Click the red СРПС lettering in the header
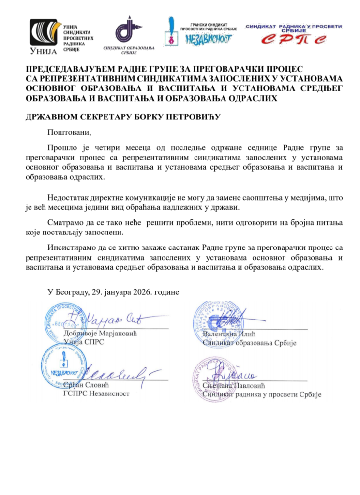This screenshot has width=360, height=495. (x=294, y=39)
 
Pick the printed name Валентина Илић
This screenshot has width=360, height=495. (x=229, y=334)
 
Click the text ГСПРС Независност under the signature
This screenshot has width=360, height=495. (x=96, y=393)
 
